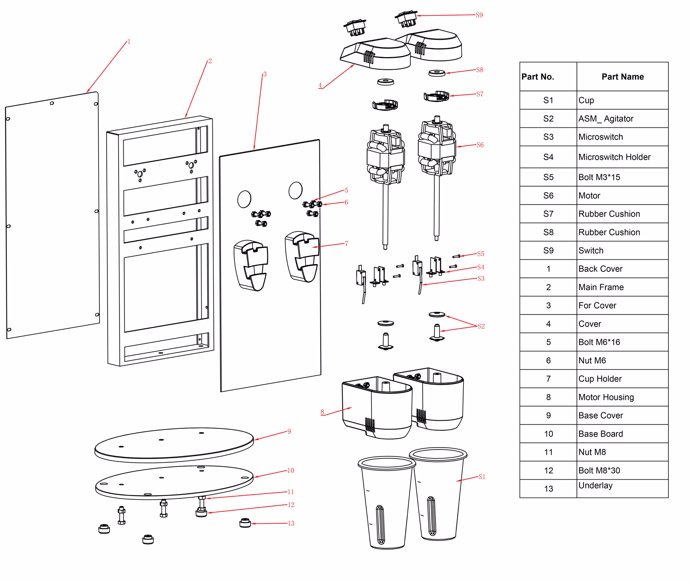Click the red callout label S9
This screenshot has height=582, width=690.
(x=479, y=15)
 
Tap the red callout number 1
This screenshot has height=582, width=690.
(x=129, y=42)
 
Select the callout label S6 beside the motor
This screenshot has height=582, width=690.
(x=480, y=145)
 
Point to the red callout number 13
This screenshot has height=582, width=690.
(x=291, y=523)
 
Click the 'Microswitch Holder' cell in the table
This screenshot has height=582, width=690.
(x=614, y=157)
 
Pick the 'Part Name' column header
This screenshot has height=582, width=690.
(x=622, y=77)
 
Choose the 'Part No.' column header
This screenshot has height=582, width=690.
(x=538, y=77)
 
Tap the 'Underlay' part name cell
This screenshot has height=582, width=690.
(x=595, y=485)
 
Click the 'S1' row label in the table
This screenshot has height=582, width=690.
(x=548, y=100)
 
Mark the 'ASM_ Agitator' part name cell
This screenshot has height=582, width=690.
(x=606, y=118)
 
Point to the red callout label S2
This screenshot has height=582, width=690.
(x=481, y=326)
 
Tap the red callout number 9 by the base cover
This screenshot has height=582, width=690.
(x=289, y=431)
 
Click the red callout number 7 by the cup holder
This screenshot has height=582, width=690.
(x=347, y=244)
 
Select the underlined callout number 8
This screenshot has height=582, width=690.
(x=322, y=412)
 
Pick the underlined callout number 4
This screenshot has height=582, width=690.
(x=320, y=85)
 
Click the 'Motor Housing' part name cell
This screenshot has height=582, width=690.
(x=606, y=397)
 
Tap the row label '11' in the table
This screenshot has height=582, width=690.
(x=548, y=452)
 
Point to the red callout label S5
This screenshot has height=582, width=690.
(x=481, y=254)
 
